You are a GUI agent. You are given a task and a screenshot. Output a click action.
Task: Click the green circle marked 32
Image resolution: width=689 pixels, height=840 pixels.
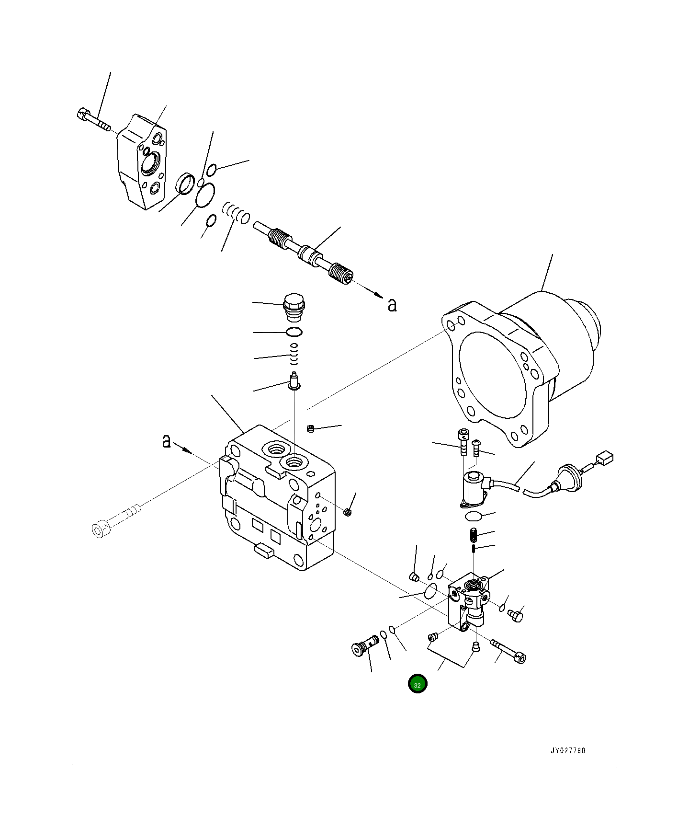[417, 684]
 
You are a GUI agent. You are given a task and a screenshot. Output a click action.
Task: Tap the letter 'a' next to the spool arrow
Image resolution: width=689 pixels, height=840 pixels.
[392, 305]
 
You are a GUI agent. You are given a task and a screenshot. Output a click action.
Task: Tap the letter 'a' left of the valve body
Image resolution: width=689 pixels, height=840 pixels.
[166, 441]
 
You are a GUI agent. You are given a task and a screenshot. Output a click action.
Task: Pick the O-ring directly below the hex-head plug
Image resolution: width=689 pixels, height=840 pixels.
[294, 332]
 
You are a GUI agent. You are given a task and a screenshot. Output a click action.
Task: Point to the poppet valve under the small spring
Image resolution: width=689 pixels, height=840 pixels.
[294, 381]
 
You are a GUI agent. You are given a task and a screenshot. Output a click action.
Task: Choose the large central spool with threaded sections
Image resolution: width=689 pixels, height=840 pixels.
[304, 252]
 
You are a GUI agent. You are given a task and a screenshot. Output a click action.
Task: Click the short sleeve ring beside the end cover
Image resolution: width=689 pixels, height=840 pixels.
[186, 184]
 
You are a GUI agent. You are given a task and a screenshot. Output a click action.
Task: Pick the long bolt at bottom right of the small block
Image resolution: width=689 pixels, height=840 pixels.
[509, 651]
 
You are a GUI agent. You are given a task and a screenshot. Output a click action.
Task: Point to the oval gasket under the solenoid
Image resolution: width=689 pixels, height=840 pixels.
[474, 516]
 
